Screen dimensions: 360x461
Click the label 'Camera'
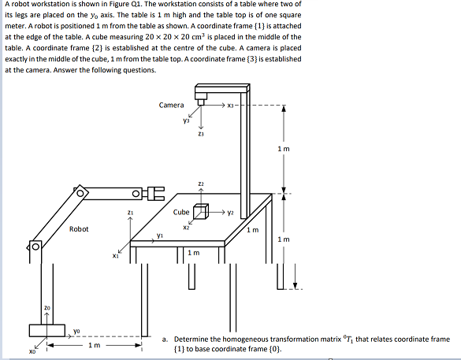click(x=171, y=105)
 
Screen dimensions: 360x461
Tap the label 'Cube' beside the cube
click(x=180, y=211)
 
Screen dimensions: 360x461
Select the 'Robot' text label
click(x=79, y=229)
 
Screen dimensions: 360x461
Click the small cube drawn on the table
click(x=201, y=213)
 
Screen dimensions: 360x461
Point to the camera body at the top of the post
click(x=202, y=100)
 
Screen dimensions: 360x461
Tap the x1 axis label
click(x=115, y=255)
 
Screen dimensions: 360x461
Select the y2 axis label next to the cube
click(x=232, y=212)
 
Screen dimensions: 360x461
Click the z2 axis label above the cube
click(x=201, y=183)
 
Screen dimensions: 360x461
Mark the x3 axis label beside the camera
click(x=231, y=105)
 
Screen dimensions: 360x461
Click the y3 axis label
click(x=186, y=121)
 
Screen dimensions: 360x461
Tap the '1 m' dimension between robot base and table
click(x=95, y=345)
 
